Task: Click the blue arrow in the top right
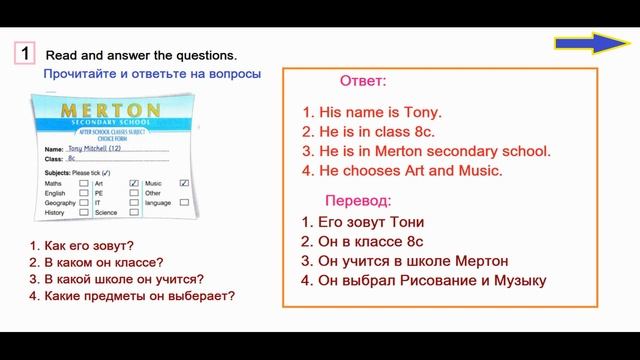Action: tap(588, 43)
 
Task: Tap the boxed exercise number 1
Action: tap(27, 53)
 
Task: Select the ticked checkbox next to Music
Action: tap(185, 183)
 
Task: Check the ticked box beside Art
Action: tap(134, 184)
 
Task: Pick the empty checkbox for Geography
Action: tap(84, 203)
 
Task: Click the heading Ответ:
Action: tap(363, 80)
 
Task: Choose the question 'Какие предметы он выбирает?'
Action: tap(131, 295)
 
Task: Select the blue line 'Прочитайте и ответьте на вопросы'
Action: tap(152, 74)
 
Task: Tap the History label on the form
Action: tap(56, 213)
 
